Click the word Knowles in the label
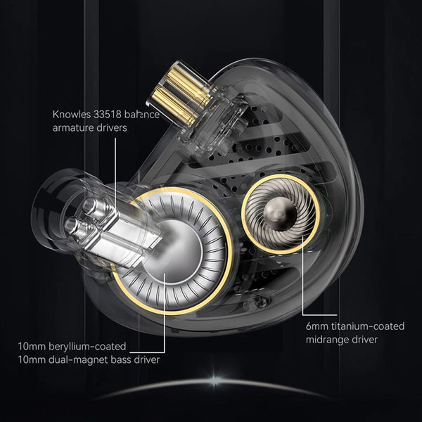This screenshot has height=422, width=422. [72, 115]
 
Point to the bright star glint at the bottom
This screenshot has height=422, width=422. [210, 383]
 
